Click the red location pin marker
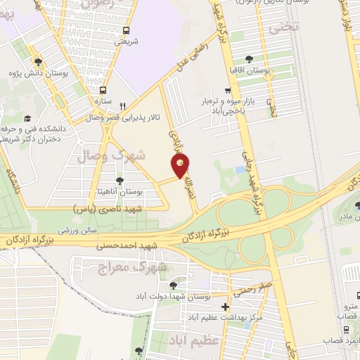(181, 167)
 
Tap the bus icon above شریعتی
(126, 30)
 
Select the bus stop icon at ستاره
(103, 91)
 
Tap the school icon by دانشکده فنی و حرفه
(27, 119)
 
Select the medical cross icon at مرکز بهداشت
(224, 307)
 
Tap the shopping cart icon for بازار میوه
(226, 91)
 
